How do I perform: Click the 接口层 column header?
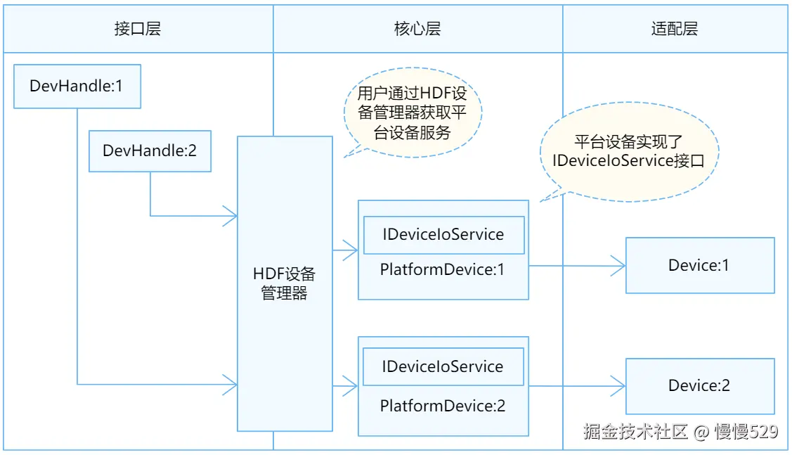point(138,29)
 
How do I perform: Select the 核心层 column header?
point(417,29)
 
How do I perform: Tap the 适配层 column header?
point(675,29)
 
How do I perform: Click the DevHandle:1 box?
point(77,86)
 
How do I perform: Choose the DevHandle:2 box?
point(149,150)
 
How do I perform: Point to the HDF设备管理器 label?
point(285,283)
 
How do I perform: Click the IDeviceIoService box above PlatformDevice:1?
point(443,235)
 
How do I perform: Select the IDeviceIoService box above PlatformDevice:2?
point(443,366)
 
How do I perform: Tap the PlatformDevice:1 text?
point(443,269)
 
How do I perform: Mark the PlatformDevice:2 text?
point(443,406)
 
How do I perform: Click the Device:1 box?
point(699,265)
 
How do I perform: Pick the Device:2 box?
point(699,385)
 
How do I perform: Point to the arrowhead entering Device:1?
point(618,266)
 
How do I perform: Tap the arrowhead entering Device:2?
point(618,385)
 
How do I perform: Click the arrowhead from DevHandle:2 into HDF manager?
point(230,216)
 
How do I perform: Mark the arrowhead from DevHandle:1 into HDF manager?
point(230,384)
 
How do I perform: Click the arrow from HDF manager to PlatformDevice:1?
point(346,250)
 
